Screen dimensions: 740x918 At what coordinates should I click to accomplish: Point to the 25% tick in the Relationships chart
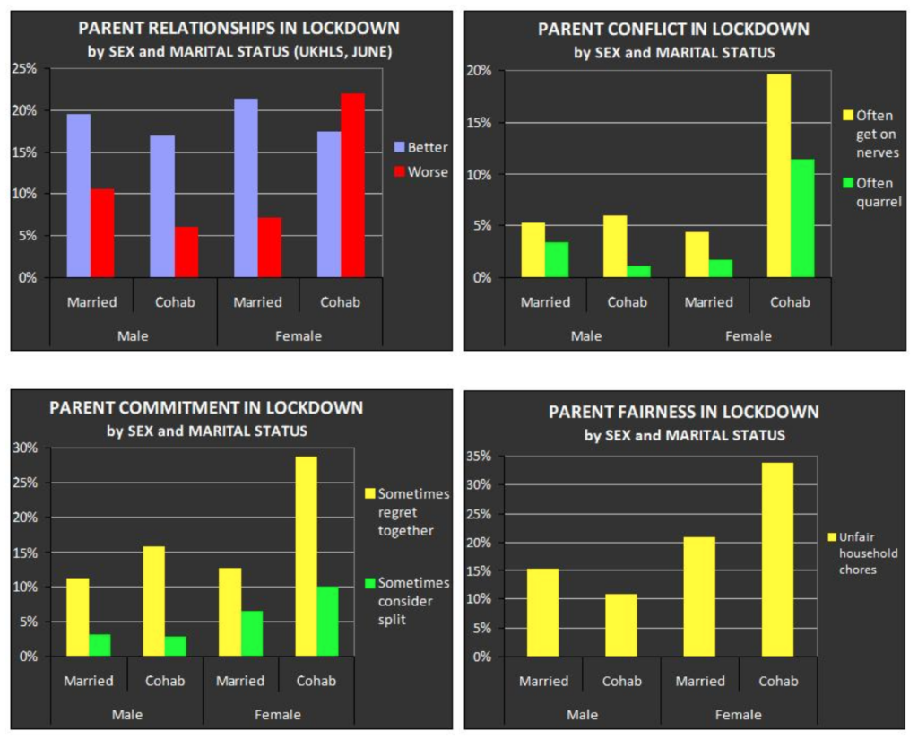point(23,68)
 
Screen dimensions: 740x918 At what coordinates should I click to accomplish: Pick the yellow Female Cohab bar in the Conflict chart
point(779,176)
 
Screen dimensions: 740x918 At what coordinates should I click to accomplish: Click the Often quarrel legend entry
point(871,193)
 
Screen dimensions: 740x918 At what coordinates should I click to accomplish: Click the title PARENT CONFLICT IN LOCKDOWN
point(673,29)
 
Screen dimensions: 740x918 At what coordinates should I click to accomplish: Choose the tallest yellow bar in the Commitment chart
point(305,556)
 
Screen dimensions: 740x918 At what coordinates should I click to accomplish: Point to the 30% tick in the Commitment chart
point(26,448)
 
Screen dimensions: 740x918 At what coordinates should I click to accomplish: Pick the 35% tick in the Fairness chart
point(480,457)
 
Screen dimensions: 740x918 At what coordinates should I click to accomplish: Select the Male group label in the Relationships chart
point(133,336)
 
